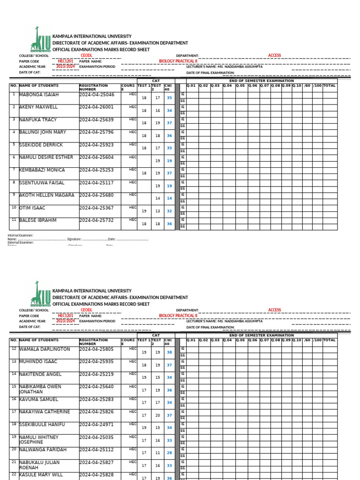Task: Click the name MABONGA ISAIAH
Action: [x=39, y=95]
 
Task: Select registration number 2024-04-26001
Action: [x=97, y=107]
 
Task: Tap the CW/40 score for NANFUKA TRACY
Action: [x=169, y=123]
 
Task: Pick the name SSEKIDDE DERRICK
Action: [x=41, y=145]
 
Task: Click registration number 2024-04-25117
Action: [x=97, y=183]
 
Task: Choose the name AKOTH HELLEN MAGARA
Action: [x=46, y=195]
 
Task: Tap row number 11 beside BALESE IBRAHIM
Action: [x=14, y=220]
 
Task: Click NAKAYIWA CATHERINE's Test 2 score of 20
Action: [x=157, y=415]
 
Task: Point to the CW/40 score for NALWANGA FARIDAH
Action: [x=169, y=453]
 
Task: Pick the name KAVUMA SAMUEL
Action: [x=38, y=399]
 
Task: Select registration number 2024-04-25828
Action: [x=97, y=475]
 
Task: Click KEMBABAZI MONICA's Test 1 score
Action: [x=144, y=173]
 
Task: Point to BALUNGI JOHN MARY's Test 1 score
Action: [x=144, y=136]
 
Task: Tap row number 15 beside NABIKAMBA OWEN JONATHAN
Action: [x=14, y=387]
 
